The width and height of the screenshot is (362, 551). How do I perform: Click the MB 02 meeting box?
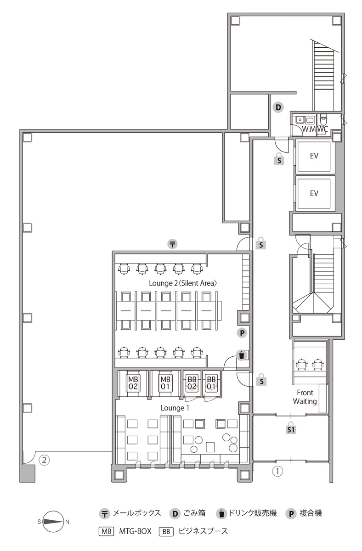[x=133, y=383]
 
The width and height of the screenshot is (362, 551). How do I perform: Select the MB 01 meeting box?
[x=165, y=383]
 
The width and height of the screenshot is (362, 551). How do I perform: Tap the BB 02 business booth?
[x=192, y=383]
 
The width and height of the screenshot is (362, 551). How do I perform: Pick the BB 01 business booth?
[x=211, y=383]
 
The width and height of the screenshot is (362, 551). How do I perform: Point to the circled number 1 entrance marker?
[x=277, y=471]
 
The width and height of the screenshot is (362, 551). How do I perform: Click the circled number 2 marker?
[x=44, y=460]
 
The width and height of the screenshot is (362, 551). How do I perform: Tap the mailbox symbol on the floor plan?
[x=173, y=244]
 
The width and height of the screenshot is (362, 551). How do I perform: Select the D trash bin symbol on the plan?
[x=278, y=107]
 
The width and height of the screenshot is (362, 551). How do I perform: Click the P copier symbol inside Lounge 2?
[x=242, y=333]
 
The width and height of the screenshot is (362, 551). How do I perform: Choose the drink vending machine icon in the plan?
[x=242, y=355]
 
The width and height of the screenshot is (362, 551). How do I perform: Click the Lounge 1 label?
[x=175, y=408]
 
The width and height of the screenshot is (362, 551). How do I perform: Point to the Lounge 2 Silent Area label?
[x=183, y=283]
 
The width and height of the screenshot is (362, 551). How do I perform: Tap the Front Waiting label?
[x=305, y=397]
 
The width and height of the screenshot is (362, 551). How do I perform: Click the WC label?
[x=322, y=129]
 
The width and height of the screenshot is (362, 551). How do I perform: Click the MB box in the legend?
[x=106, y=531]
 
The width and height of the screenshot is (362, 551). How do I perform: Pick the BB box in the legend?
[x=166, y=531]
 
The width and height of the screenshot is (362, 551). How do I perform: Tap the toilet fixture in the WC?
[x=323, y=119]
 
